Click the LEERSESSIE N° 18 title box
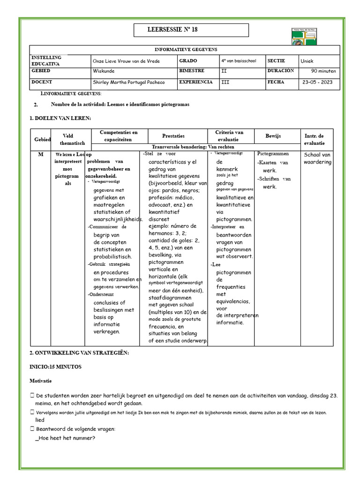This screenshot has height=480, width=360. tap(191, 30)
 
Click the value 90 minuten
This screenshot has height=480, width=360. tap(323, 71)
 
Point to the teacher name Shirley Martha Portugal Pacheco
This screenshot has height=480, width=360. tap(129, 82)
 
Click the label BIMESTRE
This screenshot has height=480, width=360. tap(192, 71)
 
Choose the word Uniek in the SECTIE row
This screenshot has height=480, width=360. tap(307, 61)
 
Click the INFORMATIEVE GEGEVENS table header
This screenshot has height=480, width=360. tap(186, 50)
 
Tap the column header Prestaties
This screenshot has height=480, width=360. tap(173, 135)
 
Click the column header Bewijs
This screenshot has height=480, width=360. tap(273, 135)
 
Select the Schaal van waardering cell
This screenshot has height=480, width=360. tap(317, 158)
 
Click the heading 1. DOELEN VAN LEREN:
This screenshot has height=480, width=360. tap(60, 118)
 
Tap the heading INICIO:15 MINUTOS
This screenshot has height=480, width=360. tap(55, 367)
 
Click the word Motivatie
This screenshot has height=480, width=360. tap(40, 381)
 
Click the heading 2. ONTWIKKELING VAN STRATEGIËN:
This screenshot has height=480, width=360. tap(79, 352)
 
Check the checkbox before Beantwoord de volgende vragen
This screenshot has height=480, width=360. tap(32, 429)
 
